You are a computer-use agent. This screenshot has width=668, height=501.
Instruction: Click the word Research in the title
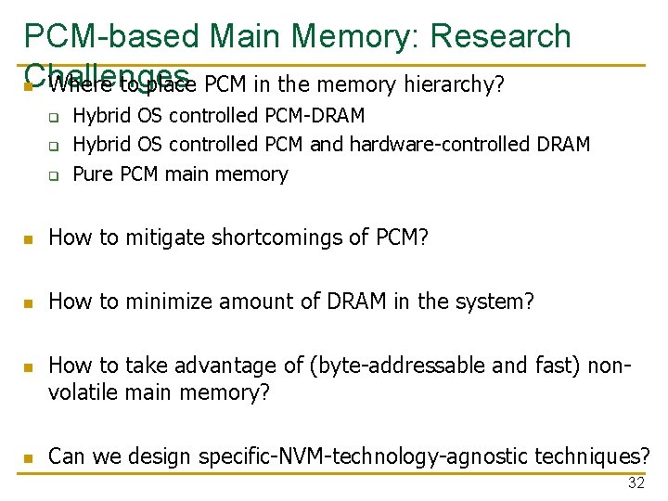click(x=501, y=36)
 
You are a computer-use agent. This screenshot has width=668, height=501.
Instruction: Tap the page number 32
click(x=636, y=482)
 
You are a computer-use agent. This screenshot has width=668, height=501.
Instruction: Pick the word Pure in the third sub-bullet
click(x=93, y=173)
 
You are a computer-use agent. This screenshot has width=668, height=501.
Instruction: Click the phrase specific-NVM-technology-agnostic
click(x=375, y=456)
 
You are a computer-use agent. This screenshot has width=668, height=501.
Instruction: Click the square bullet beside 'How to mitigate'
click(x=30, y=239)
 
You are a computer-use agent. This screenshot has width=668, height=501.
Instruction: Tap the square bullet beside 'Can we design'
click(x=30, y=458)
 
